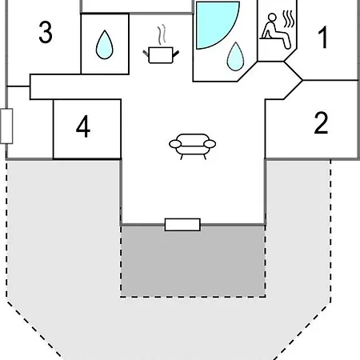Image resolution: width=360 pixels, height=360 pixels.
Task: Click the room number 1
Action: (x=323, y=38)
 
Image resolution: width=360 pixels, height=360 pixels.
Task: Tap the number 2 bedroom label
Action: (x=321, y=122)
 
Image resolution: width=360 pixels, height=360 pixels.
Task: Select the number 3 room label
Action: (x=46, y=32)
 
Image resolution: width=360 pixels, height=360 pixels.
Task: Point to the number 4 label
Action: (x=83, y=126)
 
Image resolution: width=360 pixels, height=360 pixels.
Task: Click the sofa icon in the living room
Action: (x=193, y=146)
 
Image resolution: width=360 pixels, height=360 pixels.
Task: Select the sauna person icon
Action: (x=274, y=31)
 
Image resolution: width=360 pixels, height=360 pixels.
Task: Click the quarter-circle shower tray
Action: (x=216, y=24)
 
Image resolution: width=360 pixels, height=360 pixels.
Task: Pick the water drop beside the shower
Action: (x=235, y=57)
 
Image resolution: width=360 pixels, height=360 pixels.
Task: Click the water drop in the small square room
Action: (x=105, y=45)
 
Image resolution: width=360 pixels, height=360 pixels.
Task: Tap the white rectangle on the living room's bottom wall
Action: (x=182, y=225)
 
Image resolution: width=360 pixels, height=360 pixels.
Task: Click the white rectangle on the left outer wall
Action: (x=6, y=126)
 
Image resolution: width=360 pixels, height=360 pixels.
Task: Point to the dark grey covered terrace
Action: (x=193, y=261)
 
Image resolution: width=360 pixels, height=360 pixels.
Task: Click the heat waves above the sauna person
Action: (x=289, y=19)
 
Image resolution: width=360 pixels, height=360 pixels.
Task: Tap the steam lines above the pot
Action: (x=162, y=34)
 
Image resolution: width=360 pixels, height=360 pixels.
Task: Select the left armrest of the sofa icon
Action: (x=175, y=144)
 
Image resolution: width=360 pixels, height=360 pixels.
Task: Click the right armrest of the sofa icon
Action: (x=210, y=144)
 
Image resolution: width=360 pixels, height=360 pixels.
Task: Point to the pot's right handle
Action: (x=176, y=54)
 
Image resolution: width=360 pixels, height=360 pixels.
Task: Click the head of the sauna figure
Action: (x=272, y=18)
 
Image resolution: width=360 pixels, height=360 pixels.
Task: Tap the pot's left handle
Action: (x=146, y=53)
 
